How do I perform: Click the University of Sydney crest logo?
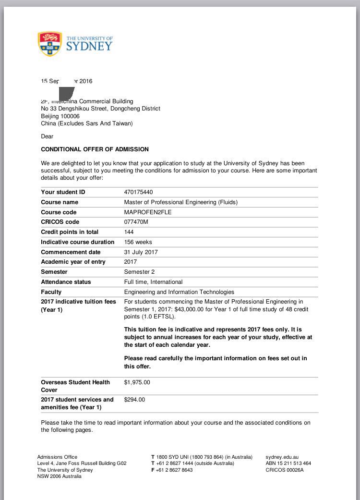click(x=50, y=44)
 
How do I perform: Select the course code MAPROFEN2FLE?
click(x=147, y=212)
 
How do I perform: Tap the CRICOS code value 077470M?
click(x=136, y=222)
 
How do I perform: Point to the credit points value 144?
click(x=129, y=232)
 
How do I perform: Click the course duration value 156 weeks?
click(x=138, y=242)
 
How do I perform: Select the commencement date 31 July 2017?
click(x=141, y=252)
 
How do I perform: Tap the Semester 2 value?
click(x=139, y=272)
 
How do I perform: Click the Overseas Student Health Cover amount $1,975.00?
click(x=137, y=382)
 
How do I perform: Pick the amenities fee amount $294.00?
click(x=134, y=400)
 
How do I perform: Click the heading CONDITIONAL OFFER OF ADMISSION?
click(x=95, y=149)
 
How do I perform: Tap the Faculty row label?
click(x=51, y=292)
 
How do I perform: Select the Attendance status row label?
click(x=66, y=282)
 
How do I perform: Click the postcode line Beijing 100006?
click(x=60, y=116)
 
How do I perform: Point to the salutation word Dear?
click(x=47, y=136)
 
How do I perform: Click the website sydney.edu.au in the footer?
click(x=282, y=457)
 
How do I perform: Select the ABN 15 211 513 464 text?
click(x=288, y=463)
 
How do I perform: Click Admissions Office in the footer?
click(x=57, y=457)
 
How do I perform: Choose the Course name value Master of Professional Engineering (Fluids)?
click(x=180, y=202)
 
